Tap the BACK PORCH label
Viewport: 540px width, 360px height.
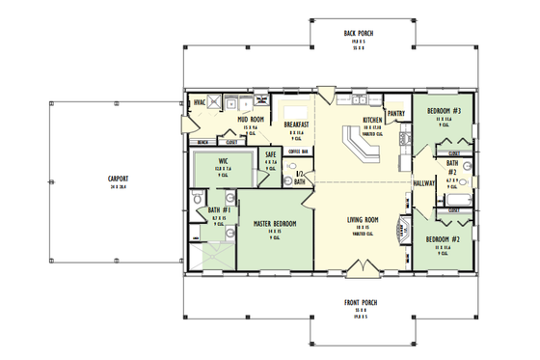pyautogui.click(x=359, y=34)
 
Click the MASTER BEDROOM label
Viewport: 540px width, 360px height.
pyautogui.click(x=274, y=223)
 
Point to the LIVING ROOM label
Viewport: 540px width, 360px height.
pyautogui.click(x=364, y=220)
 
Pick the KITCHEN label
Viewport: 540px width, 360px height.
pyautogui.click(x=373, y=121)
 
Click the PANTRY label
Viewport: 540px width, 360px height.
pyautogui.click(x=396, y=113)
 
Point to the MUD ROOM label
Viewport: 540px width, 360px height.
pyautogui.click(x=251, y=120)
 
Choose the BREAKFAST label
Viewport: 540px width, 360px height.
pyautogui.click(x=296, y=125)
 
